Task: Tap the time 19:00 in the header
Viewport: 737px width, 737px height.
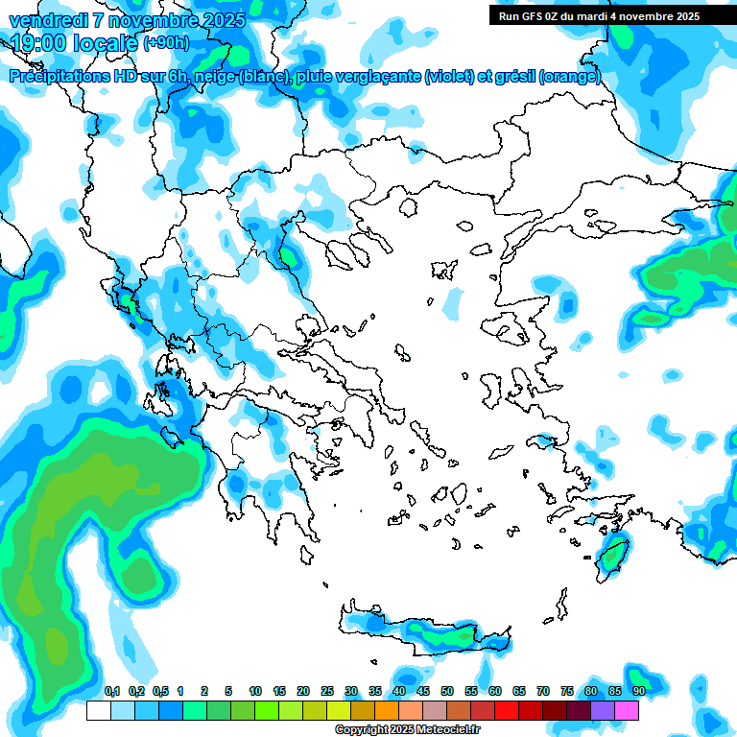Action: click(x=38, y=43)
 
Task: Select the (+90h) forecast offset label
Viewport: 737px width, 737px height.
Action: click(x=166, y=43)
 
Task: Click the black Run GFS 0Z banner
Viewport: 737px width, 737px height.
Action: click(x=600, y=16)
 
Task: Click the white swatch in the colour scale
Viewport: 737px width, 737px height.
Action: click(x=98, y=711)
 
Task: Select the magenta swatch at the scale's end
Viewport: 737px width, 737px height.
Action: click(x=627, y=711)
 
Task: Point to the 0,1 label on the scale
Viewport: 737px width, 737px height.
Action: click(x=112, y=692)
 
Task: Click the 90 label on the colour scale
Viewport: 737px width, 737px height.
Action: click(x=639, y=692)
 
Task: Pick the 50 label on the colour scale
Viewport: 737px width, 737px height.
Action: click(x=447, y=692)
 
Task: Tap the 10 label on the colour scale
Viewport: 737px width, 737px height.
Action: click(x=255, y=692)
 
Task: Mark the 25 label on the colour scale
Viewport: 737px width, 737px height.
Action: click(x=327, y=692)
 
